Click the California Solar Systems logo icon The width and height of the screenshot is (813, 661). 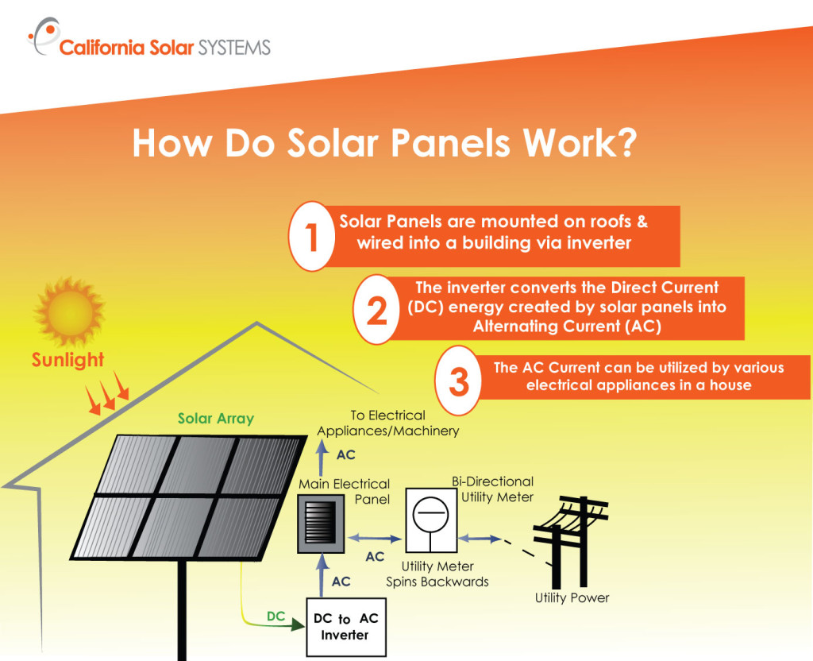pos(43,37)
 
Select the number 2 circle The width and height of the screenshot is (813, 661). pos(376,310)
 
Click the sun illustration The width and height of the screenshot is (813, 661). pos(69,311)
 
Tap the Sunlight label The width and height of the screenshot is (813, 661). pos(67,360)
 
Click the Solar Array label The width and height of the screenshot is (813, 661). pos(215,418)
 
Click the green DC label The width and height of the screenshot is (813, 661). pos(275,616)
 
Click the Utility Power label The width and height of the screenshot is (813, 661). pos(572,597)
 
